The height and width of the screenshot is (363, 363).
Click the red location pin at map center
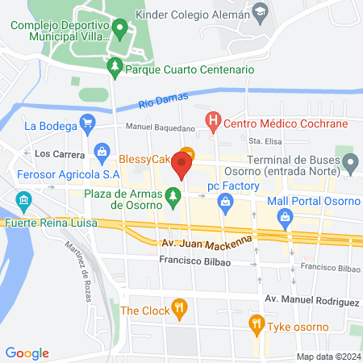pos(181,167)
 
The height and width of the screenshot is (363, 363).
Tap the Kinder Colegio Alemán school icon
pos(259,12)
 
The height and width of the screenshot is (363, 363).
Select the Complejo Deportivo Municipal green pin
pos(120,30)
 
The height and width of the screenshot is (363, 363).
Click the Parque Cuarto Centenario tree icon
pos(115,68)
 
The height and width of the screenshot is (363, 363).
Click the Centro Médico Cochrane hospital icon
pos(213,123)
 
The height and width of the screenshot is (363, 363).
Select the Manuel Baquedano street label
pos(161,127)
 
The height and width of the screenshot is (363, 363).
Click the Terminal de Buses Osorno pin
pos(350,165)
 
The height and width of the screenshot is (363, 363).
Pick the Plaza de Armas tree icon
pos(172,194)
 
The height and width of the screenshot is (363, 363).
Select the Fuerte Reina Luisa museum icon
pos(24,199)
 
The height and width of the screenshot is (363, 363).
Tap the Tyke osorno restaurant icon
pos(257,325)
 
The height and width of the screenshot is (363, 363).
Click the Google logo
pos(27,353)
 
